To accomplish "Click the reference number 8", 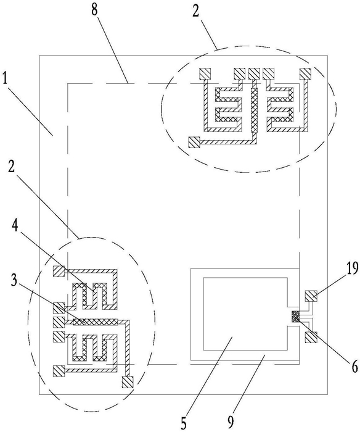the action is coord(94,11).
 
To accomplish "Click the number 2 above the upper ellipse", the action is coord(195,11).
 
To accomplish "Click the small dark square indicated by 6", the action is coord(296,316).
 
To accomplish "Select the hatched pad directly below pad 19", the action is coord(311,337).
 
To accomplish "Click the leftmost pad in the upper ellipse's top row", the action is coord(205,73).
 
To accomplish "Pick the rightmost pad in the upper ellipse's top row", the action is coord(305,73).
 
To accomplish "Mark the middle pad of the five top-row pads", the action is coord(254,73).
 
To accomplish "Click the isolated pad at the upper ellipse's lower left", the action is coord(194,142).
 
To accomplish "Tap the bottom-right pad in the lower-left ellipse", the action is coord(128,383).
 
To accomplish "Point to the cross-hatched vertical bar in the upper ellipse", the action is coord(254,109).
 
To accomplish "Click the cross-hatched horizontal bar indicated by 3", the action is coord(95,322).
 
